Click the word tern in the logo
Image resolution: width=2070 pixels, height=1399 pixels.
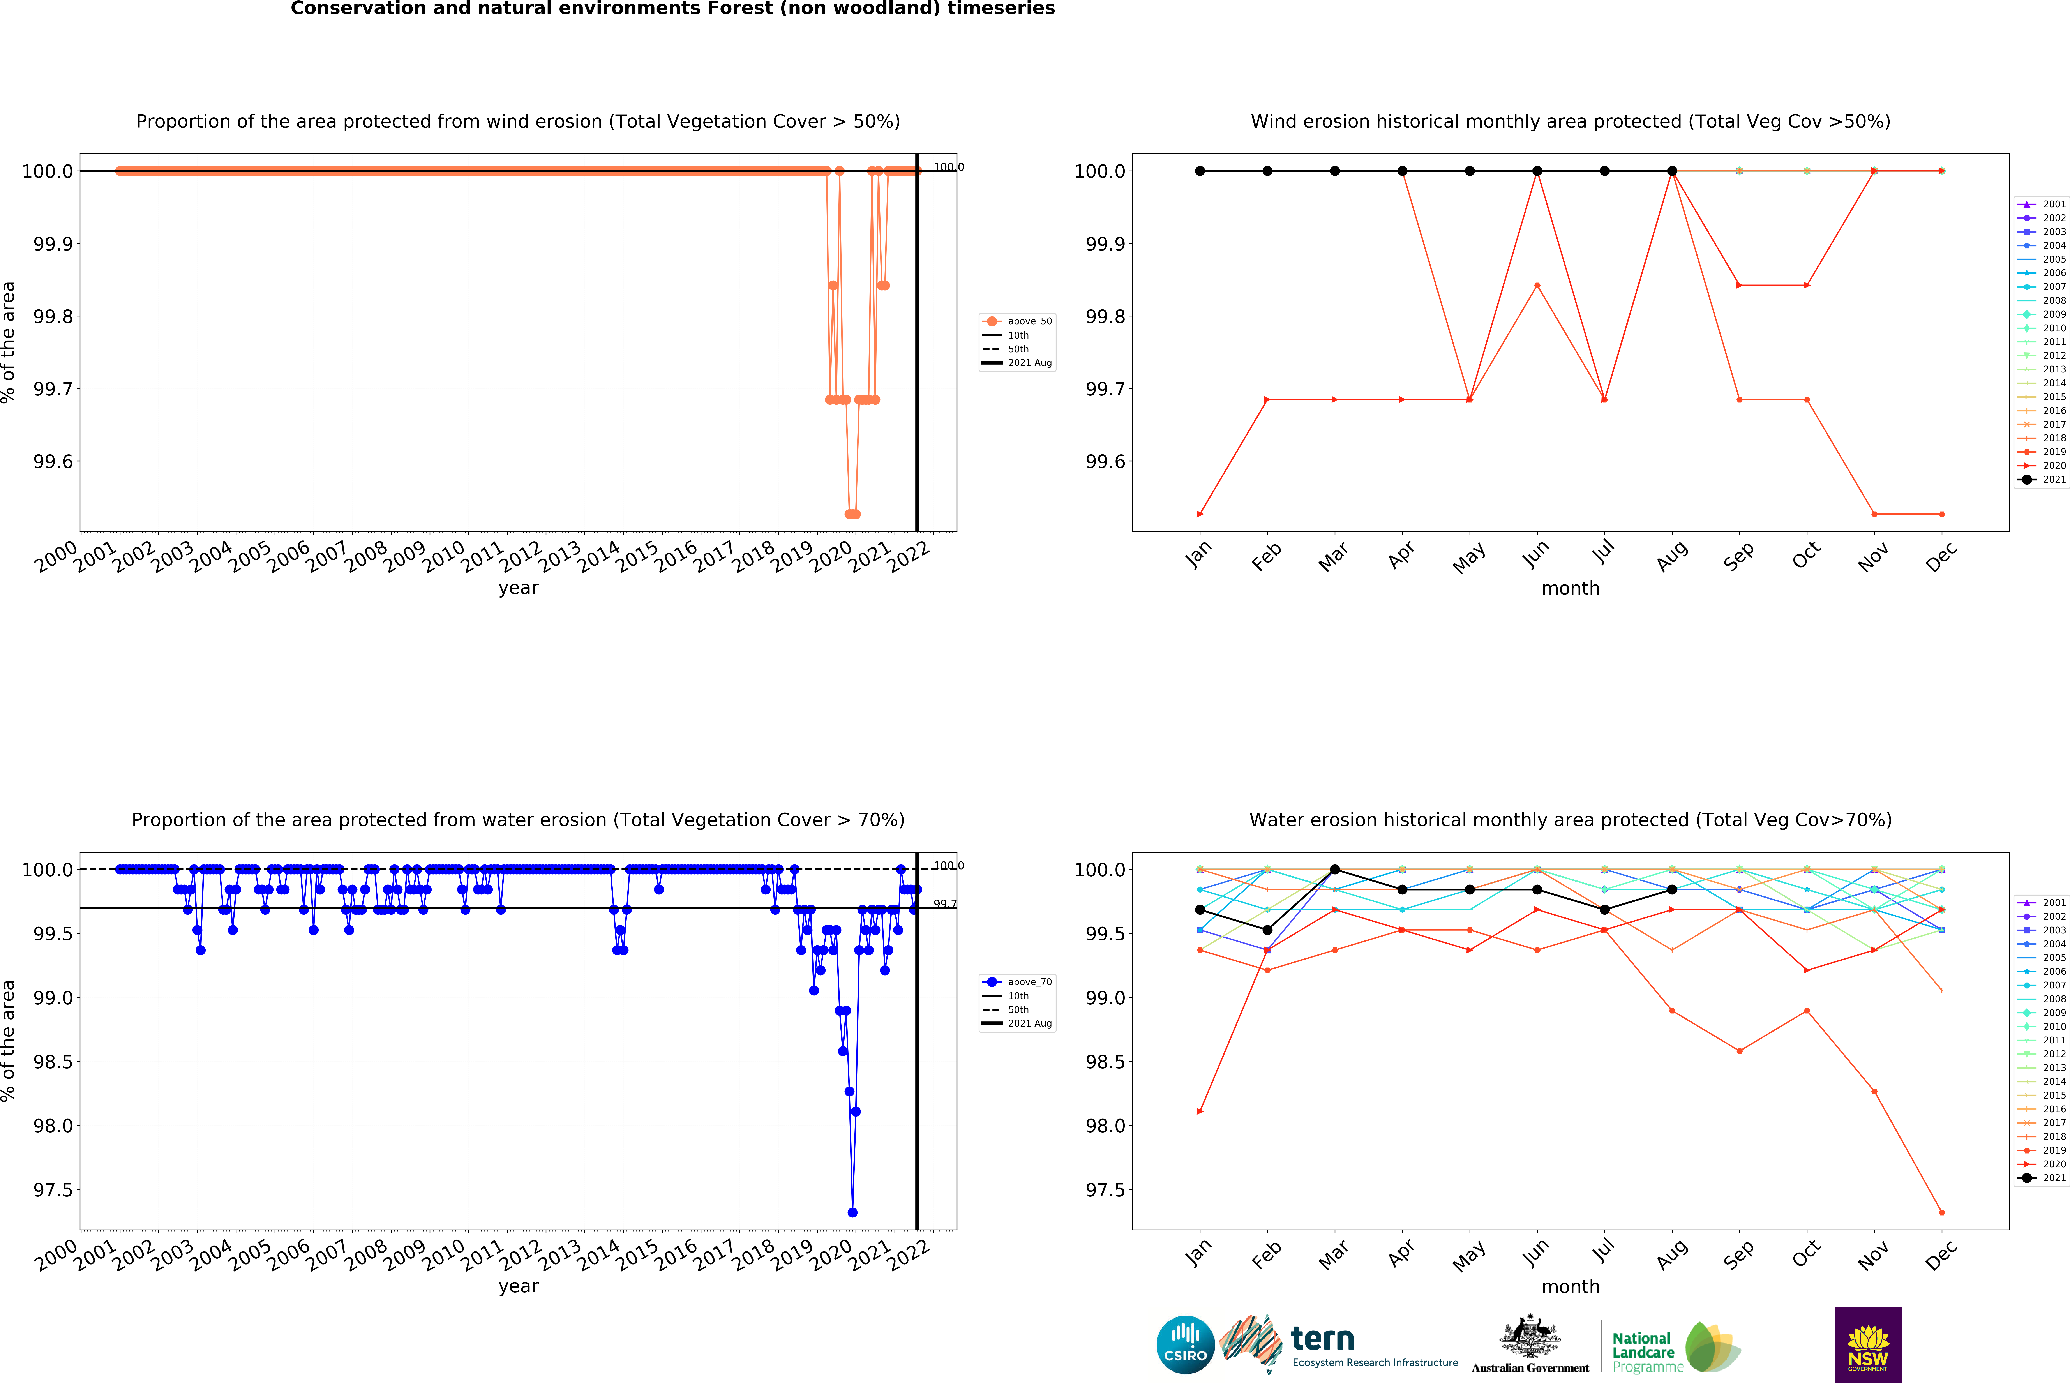coord(1323,1338)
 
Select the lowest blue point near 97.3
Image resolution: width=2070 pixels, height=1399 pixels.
coord(852,1212)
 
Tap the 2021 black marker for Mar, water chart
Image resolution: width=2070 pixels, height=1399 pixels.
coord(1334,869)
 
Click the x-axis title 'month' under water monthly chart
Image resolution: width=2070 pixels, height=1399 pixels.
coord(1570,1287)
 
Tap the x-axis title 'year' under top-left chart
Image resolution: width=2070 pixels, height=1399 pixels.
coord(518,588)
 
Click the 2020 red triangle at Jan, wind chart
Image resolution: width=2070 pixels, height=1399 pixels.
coord(1200,514)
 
